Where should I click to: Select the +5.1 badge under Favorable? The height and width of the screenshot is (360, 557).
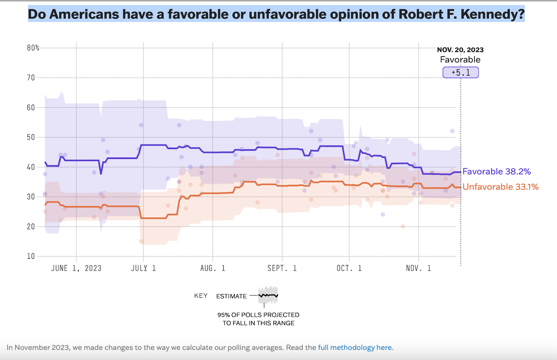click(461, 72)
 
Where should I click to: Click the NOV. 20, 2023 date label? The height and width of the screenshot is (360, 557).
click(460, 50)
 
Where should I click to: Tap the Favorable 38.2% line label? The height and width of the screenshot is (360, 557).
click(497, 172)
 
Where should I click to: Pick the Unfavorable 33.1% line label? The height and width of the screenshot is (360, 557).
click(500, 187)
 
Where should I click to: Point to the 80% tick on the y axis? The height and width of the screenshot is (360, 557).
click(33, 48)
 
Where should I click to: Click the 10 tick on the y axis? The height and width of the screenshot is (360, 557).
click(31, 256)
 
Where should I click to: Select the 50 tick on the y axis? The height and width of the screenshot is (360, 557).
click(31, 137)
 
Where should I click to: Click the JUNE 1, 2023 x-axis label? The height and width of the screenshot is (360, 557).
click(76, 268)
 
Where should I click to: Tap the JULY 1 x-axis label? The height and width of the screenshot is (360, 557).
click(143, 268)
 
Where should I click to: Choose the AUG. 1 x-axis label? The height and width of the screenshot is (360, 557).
click(213, 268)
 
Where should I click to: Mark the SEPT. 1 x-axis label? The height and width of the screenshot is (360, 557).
click(282, 268)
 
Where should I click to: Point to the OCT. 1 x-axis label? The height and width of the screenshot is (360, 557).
click(349, 268)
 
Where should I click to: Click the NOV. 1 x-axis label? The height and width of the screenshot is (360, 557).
click(418, 268)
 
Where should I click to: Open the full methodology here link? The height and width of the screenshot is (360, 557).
click(355, 348)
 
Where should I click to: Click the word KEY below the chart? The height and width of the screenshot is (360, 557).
click(201, 296)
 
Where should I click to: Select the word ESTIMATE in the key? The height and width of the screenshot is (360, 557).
click(231, 296)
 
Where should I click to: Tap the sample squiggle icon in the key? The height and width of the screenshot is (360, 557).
click(268, 295)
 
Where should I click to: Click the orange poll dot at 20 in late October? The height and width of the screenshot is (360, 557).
click(403, 226)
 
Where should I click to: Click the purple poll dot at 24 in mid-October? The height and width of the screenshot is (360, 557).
click(383, 214)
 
